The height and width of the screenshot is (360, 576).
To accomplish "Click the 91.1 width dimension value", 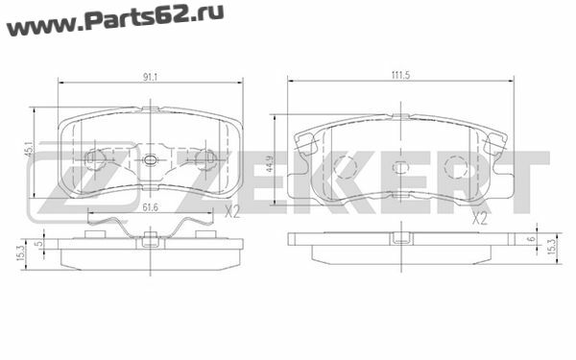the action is [151, 77].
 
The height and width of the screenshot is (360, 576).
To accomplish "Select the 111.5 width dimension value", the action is [400, 75].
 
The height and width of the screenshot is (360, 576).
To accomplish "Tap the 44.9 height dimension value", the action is [269, 164].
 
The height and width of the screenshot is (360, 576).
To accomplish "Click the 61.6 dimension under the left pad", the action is [151, 208].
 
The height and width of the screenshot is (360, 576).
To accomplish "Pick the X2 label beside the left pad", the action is [231, 212].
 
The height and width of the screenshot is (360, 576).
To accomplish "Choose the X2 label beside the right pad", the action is [479, 219].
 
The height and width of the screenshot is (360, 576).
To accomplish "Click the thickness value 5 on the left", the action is [39, 243].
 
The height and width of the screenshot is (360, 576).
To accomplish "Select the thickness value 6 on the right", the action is [531, 239].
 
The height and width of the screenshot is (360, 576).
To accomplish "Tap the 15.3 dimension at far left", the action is [20, 253].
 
